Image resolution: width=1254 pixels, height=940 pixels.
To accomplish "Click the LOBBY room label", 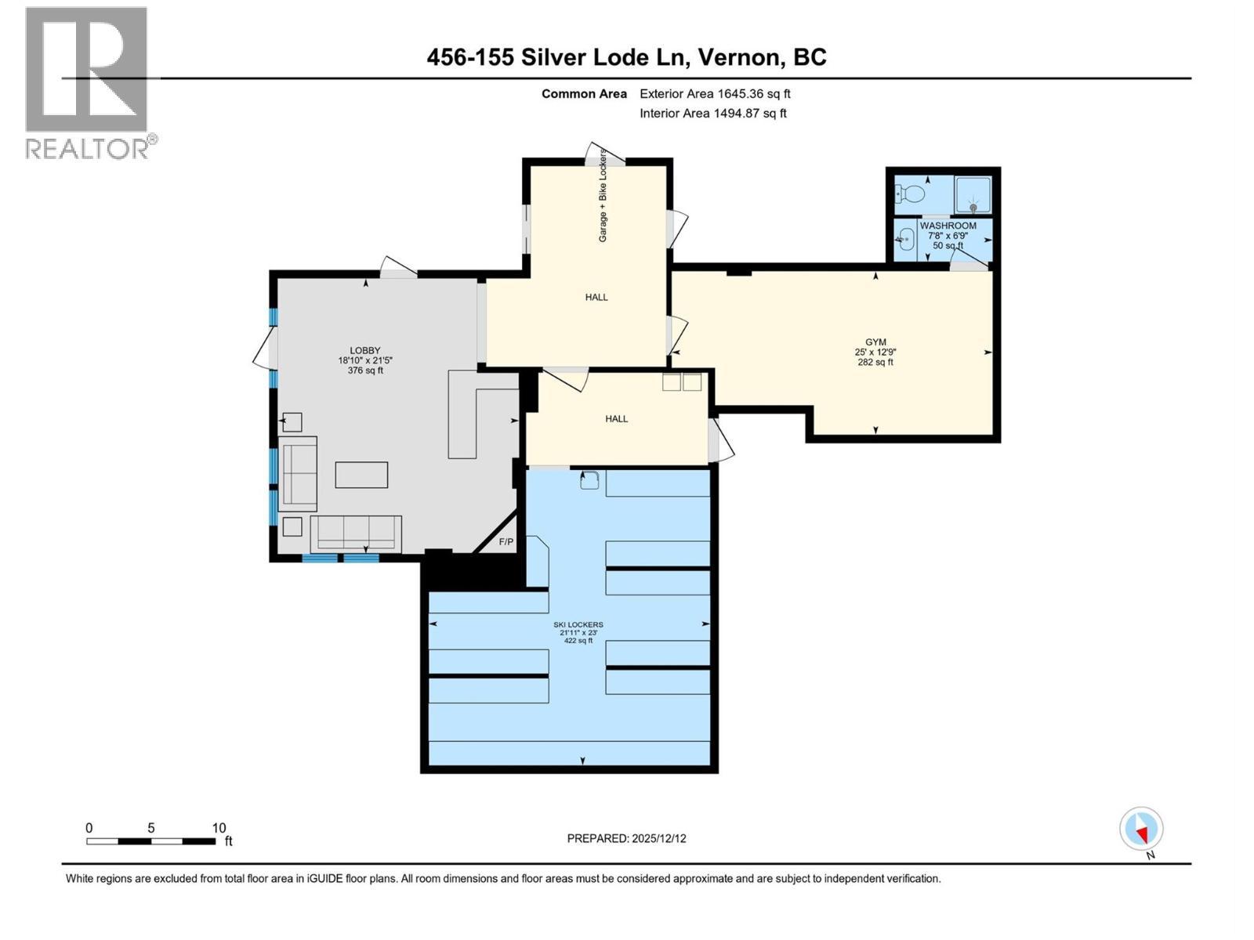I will coord(364,351).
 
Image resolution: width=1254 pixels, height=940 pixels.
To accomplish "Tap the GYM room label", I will coord(875,342).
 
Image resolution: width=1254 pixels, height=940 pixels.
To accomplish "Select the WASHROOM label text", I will coord(948,226).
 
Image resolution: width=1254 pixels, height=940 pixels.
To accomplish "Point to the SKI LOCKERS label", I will coord(578,624).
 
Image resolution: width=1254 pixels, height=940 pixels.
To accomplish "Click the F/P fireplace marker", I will coord(506,542).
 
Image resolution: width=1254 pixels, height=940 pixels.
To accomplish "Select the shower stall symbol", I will coord(973,194).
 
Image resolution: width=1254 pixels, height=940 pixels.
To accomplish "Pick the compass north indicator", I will coord(1141,829).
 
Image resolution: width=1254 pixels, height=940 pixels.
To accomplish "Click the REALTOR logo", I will coord(88,82).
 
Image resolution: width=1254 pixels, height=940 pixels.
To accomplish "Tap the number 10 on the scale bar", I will coord(219,828).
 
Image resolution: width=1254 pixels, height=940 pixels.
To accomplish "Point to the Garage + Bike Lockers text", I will coord(603,195).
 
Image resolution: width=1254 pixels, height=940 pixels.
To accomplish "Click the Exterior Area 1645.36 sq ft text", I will coord(715,94).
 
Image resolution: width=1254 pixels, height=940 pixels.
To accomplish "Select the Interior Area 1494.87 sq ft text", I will coord(712,114).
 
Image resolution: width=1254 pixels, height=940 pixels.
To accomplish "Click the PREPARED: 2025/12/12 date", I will coord(626,838).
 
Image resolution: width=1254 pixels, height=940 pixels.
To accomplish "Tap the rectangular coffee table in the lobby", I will coord(361,475).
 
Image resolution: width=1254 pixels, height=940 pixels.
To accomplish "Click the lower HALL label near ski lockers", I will coord(616,419).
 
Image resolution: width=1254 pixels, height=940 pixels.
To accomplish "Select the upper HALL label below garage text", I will coord(596,298).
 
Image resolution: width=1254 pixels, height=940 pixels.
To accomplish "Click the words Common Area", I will coord(584,94).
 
